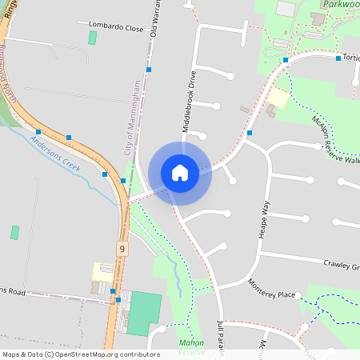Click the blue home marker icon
[x=180, y=172]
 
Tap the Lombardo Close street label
[x=116, y=27]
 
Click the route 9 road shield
[x=122, y=249]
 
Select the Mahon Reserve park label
[x=192, y=347]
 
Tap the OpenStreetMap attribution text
[x=82, y=354]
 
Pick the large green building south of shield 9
[x=143, y=313]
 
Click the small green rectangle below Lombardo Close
[x=92, y=38]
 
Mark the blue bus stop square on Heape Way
[x=250, y=133]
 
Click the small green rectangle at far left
[x=14, y=232]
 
